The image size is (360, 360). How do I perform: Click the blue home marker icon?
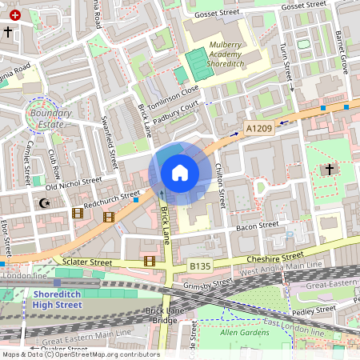(180, 173)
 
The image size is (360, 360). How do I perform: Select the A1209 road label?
(258, 127)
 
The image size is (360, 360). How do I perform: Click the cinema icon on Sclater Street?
(150, 261)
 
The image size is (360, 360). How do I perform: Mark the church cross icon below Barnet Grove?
(329, 170)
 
